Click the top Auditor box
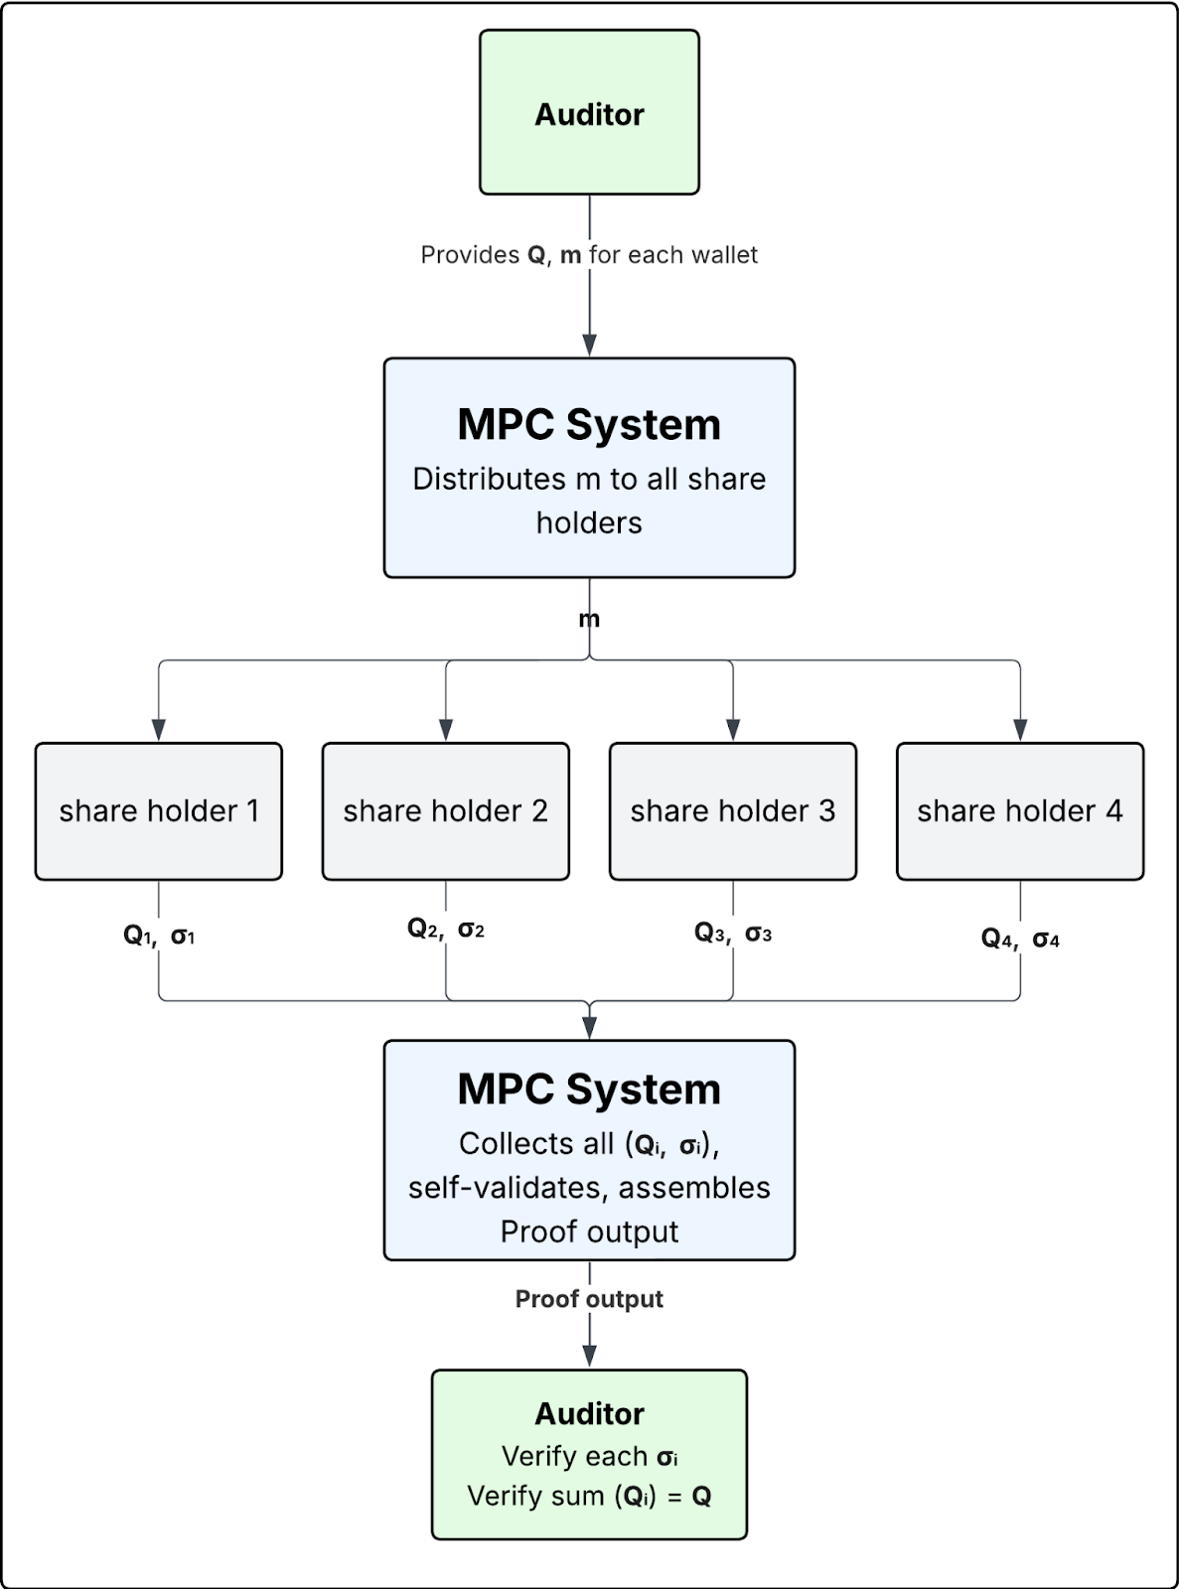[589, 112]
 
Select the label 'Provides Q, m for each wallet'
[589, 255]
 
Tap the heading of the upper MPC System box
[589, 424]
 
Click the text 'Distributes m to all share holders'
[589, 501]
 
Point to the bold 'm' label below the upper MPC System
[589, 620]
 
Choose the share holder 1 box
[159, 811]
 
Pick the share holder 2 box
[446, 811]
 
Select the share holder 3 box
[733, 811]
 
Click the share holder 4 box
[1020, 811]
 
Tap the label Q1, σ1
[159, 936]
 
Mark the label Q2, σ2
[446, 930]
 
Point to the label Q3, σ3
[733, 934]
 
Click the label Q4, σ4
[1020, 939]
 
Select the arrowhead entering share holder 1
[159, 731]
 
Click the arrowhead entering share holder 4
[1020, 731]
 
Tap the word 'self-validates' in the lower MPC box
[508, 1188]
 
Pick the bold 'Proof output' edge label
[589, 1299]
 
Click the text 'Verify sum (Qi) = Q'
[589, 1497]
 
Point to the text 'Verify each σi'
[589, 1457]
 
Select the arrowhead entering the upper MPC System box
[589, 346]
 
